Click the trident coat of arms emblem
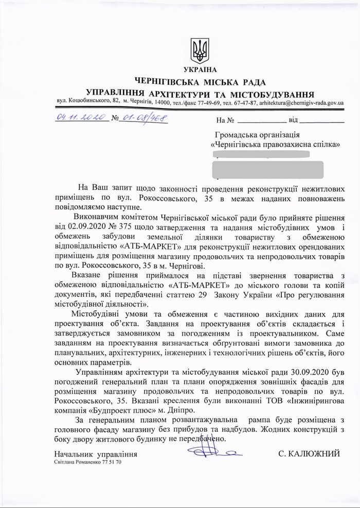[200, 50]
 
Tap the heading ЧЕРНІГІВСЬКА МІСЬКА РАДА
[200, 82]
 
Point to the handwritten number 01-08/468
[145, 118]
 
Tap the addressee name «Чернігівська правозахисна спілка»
[276, 146]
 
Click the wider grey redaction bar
[267, 169]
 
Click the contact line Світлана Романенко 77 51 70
[88, 463]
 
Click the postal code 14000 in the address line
[165, 103]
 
